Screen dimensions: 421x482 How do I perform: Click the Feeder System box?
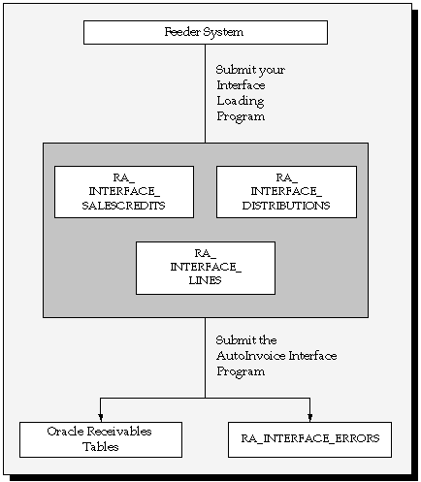point(206,32)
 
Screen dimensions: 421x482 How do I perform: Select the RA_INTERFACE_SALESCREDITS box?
point(124,192)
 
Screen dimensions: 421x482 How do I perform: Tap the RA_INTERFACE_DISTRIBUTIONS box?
point(286,192)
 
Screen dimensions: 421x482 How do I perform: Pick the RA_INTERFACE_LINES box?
point(206,268)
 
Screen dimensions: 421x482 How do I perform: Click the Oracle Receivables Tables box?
point(101,439)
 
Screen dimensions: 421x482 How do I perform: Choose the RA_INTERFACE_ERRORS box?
point(309,439)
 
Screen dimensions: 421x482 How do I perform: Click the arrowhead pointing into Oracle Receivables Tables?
point(101,417)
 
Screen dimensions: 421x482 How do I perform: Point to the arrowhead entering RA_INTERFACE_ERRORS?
point(310,417)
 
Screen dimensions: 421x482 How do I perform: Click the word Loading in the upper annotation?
point(241,101)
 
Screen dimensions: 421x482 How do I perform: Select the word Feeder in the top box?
point(182,32)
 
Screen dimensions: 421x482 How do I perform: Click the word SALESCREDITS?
point(123,206)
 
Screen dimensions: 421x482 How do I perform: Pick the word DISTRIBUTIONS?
point(286,206)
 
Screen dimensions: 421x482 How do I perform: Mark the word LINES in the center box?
point(205,280)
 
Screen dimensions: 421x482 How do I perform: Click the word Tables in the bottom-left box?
point(101,447)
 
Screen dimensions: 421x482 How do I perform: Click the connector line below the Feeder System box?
point(205,93)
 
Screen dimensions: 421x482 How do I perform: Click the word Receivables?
point(119,432)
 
